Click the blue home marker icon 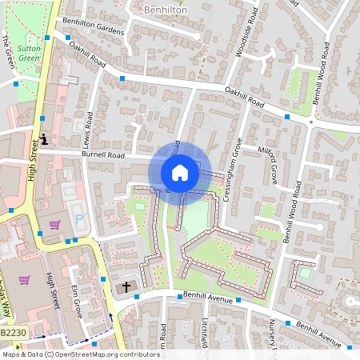pos(180,172)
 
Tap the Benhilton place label pos(166,9)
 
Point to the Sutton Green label pos(30,53)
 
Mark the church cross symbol pos(125,286)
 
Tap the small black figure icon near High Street pos(44,138)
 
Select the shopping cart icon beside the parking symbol pos(54,225)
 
